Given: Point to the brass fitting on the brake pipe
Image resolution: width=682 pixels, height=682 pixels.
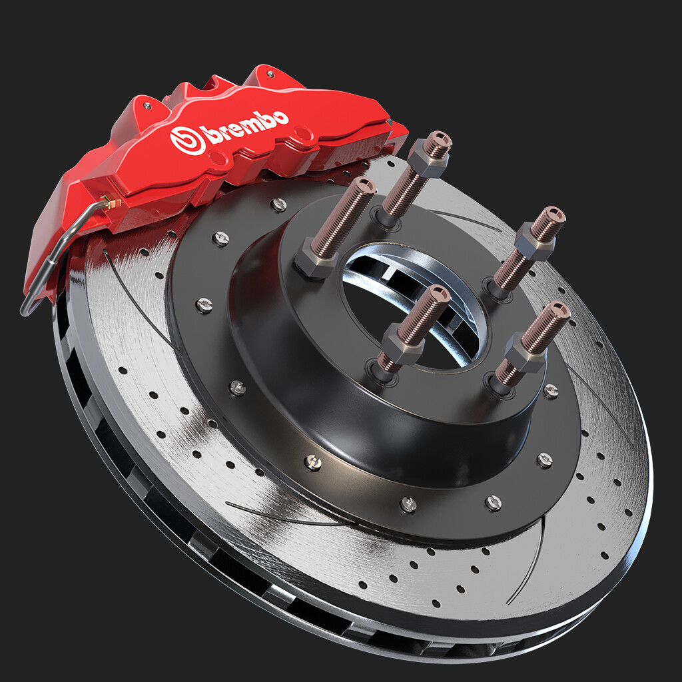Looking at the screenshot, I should coord(111,202).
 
